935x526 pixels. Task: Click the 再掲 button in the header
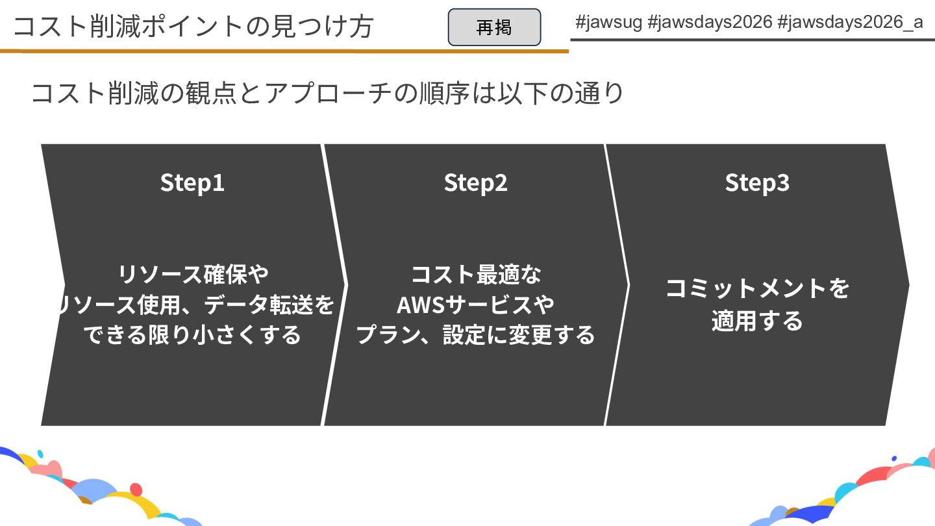pyautogui.click(x=494, y=27)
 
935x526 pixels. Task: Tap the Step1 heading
pyautogui.click(x=192, y=182)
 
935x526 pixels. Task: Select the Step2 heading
pyautogui.click(x=475, y=182)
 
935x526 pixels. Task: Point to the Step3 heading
pyautogui.click(x=757, y=182)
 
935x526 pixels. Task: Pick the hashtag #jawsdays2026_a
pyautogui.click(x=850, y=22)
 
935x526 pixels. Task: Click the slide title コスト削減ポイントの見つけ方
pyautogui.click(x=193, y=27)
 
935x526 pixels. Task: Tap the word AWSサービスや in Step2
pyautogui.click(x=475, y=304)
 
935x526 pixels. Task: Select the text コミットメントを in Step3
pyautogui.click(x=757, y=288)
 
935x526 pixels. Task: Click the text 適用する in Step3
pyautogui.click(x=757, y=321)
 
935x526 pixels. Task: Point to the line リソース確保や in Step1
pyautogui.click(x=193, y=274)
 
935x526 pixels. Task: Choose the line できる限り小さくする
pyautogui.click(x=193, y=334)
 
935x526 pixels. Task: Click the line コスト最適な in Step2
pyautogui.click(x=475, y=274)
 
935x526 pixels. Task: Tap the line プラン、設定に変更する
pyautogui.click(x=475, y=334)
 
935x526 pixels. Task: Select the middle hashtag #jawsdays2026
pyautogui.click(x=710, y=22)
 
